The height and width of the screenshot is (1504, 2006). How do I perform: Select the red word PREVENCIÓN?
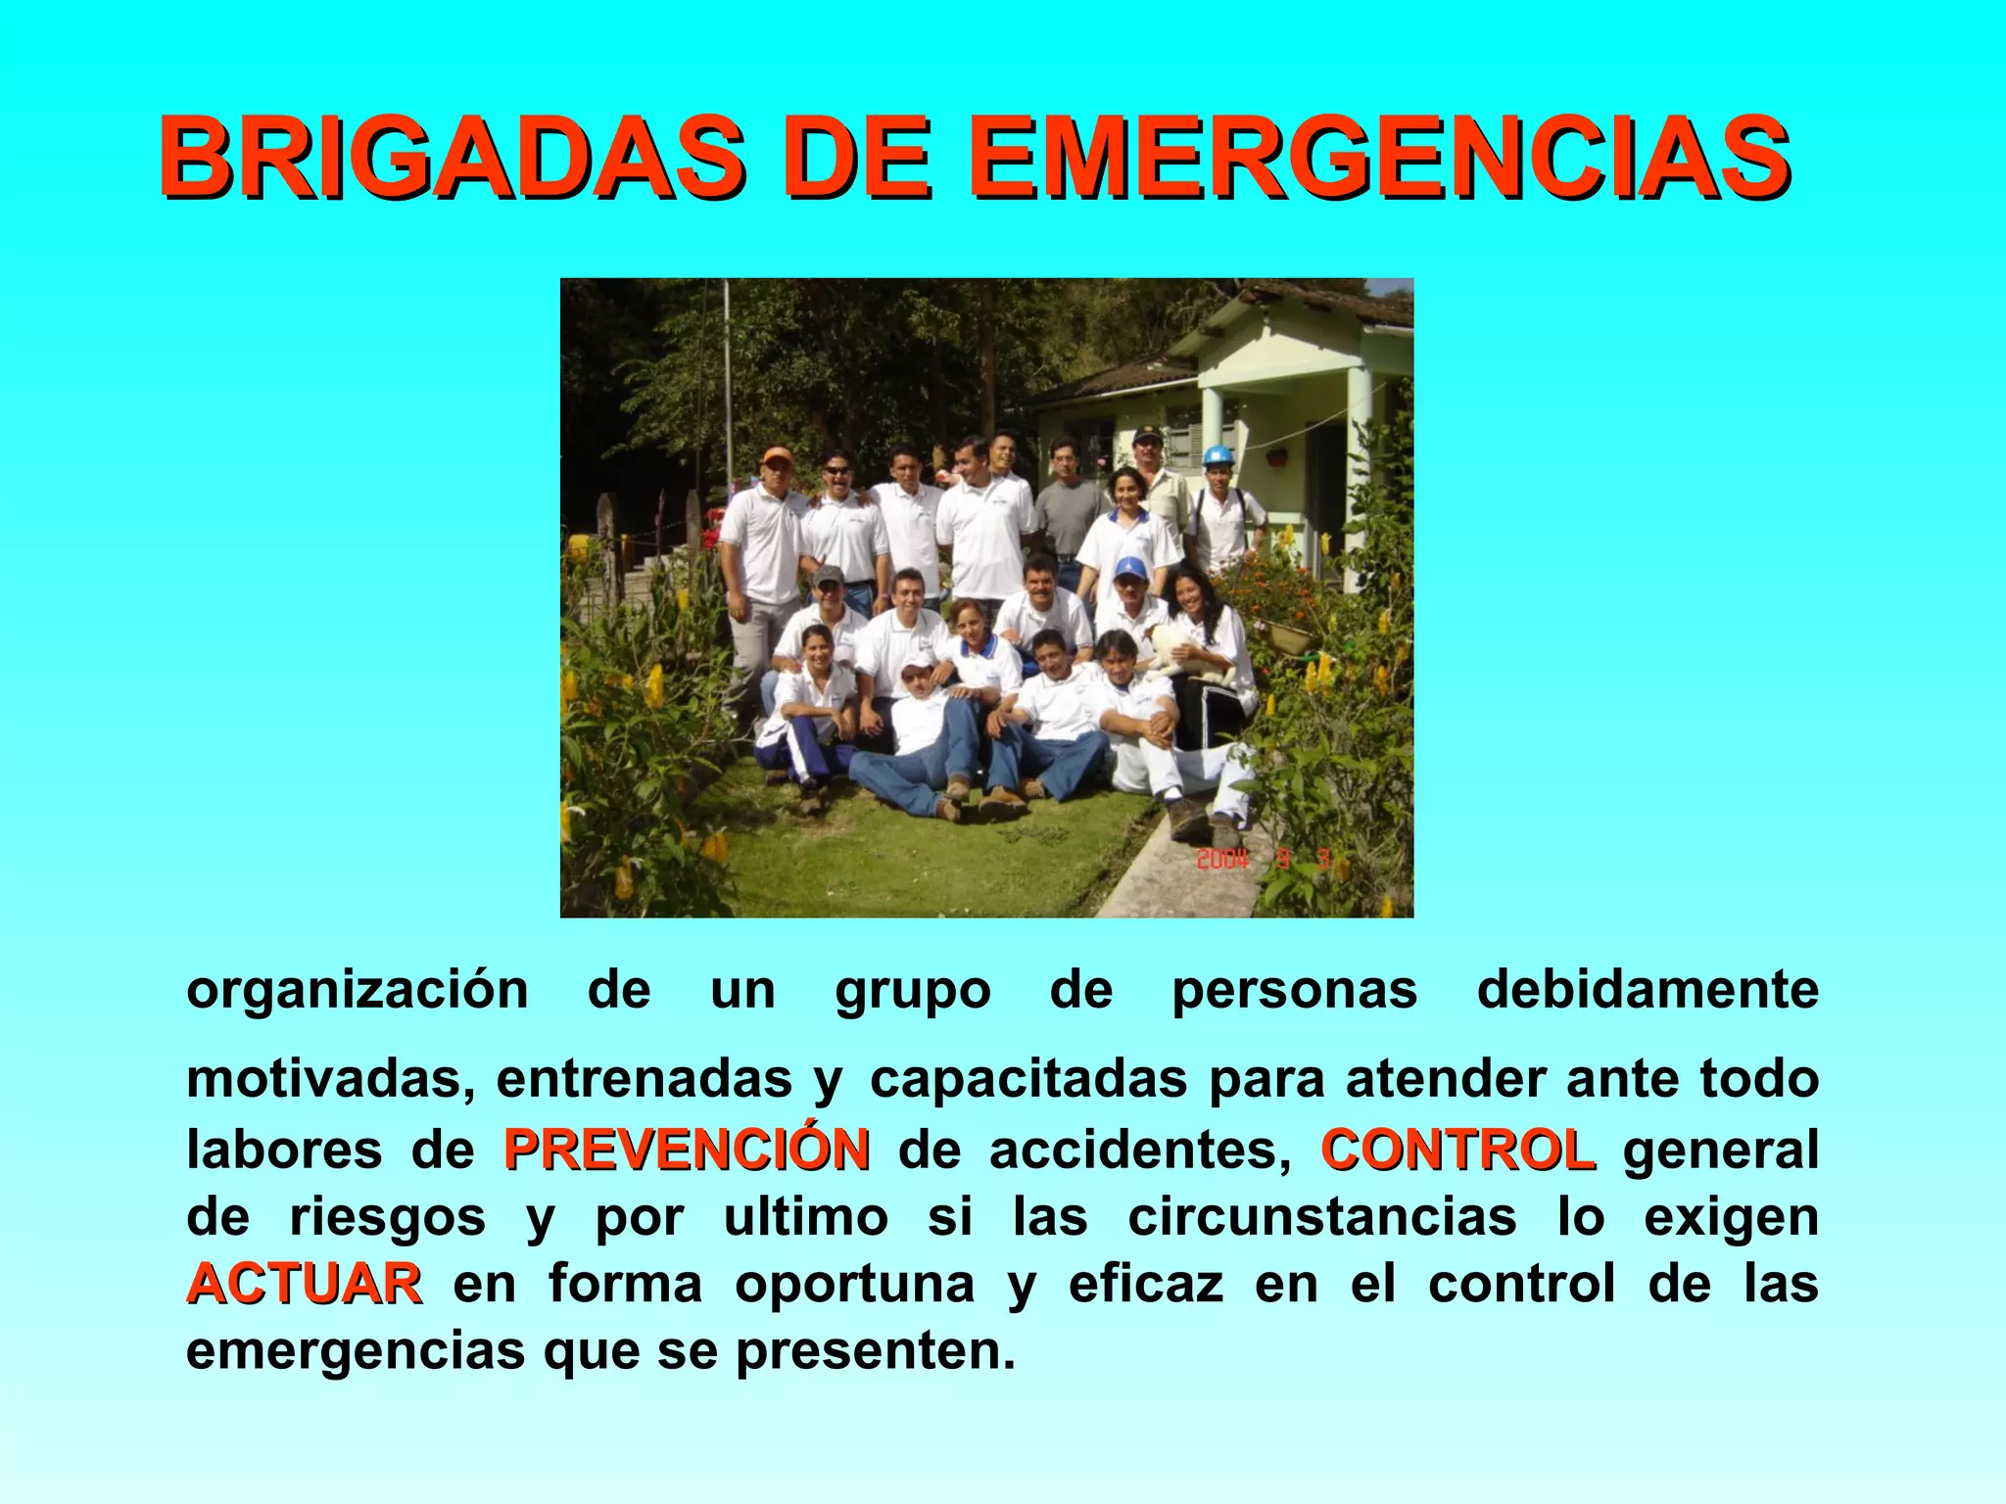click(x=686, y=1150)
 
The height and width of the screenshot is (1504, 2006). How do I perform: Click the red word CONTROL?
click(x=1457, y=1150)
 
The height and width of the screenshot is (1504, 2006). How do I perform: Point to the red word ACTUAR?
click(x=305, y=1284)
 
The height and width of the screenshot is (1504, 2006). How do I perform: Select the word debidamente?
click(x=1648, y=989)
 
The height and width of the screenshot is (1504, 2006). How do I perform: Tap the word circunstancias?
click(x=1321, y=1217)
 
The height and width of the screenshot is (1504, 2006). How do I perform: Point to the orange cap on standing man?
click(x=777, y=455)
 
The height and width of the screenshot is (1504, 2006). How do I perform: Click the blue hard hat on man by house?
click(x=1218, y=455)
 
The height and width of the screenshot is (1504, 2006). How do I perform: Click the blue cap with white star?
click(x=1129, y=568)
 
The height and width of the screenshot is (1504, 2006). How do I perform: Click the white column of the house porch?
click(x=1360, y=460)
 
